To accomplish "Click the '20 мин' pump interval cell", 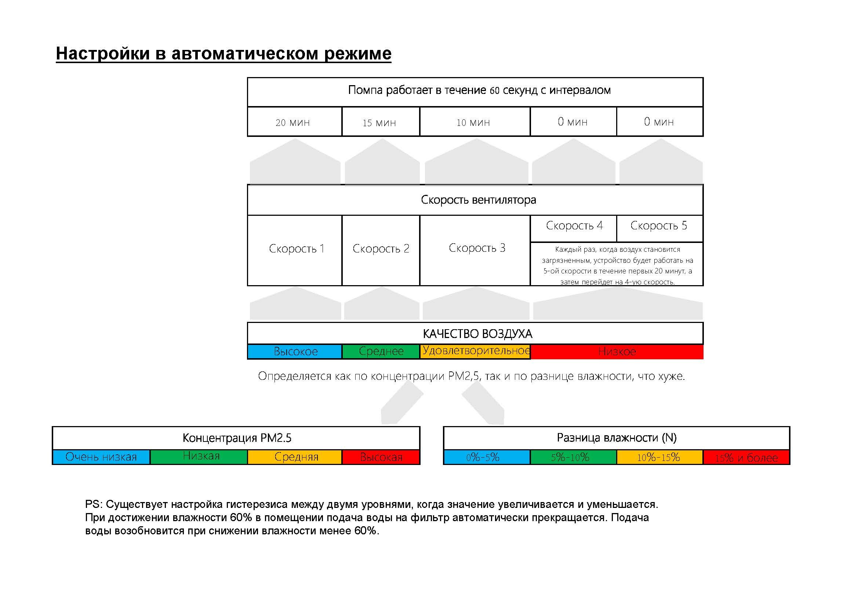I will point(294,122).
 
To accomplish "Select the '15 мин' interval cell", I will point(381,122).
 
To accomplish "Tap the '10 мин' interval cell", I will point(475,122).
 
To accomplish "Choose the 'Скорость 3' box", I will point(475,249).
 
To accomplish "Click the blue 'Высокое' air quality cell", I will point(294,351).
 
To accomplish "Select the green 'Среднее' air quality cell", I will point(381,351).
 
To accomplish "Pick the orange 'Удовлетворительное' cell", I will point(475,351).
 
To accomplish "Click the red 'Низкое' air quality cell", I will point(617,351).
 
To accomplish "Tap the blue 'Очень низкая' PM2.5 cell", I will point(101,457).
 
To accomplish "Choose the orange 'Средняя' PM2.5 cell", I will point(295,457).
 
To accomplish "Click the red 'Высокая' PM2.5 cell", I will point(381,457).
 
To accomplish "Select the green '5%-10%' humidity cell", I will point(573,457).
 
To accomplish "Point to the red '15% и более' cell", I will point(746,457).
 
